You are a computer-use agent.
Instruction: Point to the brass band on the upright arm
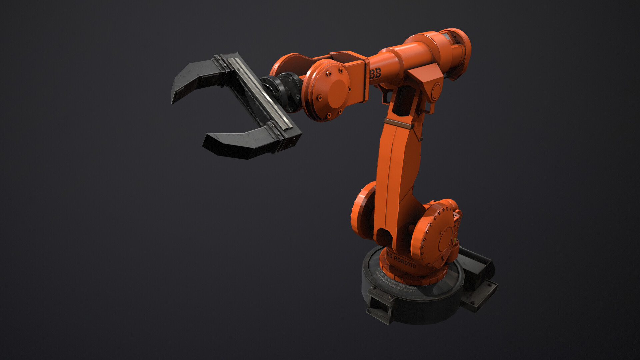coord(397,122)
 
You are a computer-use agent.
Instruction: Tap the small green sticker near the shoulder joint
coord(454,240)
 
